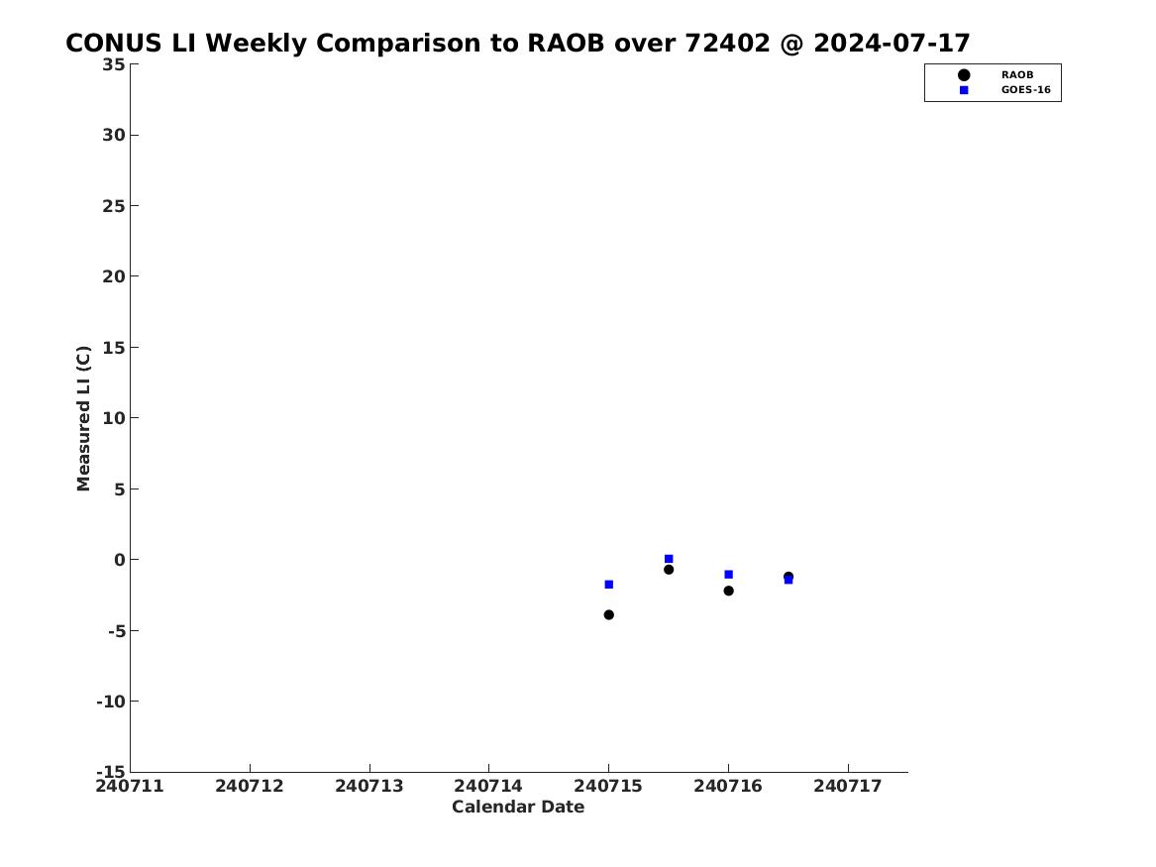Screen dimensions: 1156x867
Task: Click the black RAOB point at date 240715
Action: click(x=608, y=615)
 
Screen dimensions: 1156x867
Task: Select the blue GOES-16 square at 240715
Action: click(x=608, y=585)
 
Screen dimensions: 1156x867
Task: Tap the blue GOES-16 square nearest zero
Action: click(x=669, y=559)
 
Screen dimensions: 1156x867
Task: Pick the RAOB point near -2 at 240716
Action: click(x=728, y=591)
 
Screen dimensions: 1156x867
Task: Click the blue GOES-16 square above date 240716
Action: click(x=728, y=575)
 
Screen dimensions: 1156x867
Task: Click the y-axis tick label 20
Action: click(x=114, y=276)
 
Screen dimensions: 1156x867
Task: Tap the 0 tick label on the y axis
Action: click(x=120, y=560)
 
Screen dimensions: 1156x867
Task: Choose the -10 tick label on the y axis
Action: click(x=111, y=702)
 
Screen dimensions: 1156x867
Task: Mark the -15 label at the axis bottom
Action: click(x=111, y=771)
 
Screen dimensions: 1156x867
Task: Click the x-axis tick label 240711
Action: click(x=130, y=786)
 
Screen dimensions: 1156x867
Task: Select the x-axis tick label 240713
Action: click(x=369, y=786)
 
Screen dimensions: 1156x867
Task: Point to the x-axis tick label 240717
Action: click(x=848, y=786)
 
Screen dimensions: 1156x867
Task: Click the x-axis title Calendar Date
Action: click(x=518, y=808)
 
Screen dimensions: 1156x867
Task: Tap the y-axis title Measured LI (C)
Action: click(x=83, y=418)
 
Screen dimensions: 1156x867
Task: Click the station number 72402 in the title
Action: click(x=728, y=44)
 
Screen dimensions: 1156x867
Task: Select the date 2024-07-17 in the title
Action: click(x=893, y=44)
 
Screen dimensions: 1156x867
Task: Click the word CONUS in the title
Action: click(x=114, y=44)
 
